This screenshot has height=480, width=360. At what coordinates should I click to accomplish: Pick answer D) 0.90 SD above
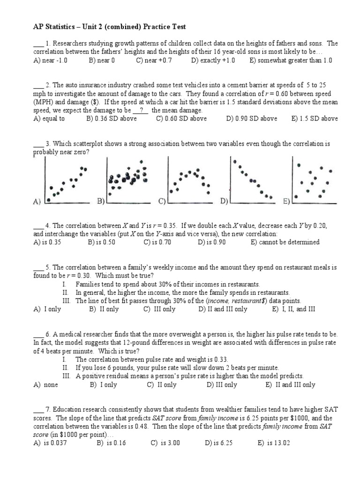251,119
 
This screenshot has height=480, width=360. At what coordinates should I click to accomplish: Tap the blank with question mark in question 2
141,111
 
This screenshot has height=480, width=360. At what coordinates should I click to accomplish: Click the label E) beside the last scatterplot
287,201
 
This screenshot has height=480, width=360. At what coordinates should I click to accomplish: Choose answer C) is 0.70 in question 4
160,242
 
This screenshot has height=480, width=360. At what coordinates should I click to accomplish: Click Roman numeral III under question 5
67,300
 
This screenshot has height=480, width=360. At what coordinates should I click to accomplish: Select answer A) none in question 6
45,384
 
